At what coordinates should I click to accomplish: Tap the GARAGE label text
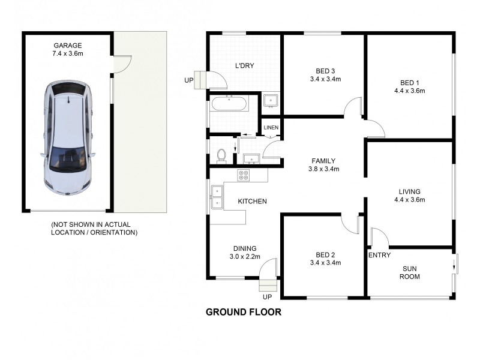click(x=68, y=45)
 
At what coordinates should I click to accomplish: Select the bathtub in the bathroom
click(x=229, y=104)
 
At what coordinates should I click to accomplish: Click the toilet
click(x=222, y=154)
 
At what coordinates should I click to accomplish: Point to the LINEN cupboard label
click(x=271, y=127)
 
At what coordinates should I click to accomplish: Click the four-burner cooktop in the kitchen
click(x=244, y=175)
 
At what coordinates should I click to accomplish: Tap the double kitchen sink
click(x=216, y=197)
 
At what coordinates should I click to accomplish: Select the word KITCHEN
click(x=252, y=202)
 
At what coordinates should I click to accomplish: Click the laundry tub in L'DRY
click(x=271, y=101)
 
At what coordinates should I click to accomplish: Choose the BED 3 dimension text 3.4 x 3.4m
click(x=325, y=79)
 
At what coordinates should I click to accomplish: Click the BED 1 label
click(x=409, y=83)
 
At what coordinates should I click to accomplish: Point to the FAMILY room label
click(x=323, y=161)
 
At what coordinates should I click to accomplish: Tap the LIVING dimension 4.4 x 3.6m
click(x=409, y=200)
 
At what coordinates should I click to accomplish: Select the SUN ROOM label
click(x=410, y=272)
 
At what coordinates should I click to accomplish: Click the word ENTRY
click(x=380, y=255)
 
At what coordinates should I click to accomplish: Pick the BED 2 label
click(x=325, y=254)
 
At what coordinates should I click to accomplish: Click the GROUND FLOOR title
click(x=243, y=312)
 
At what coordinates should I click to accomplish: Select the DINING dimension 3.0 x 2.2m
click(x=245, y=257)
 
